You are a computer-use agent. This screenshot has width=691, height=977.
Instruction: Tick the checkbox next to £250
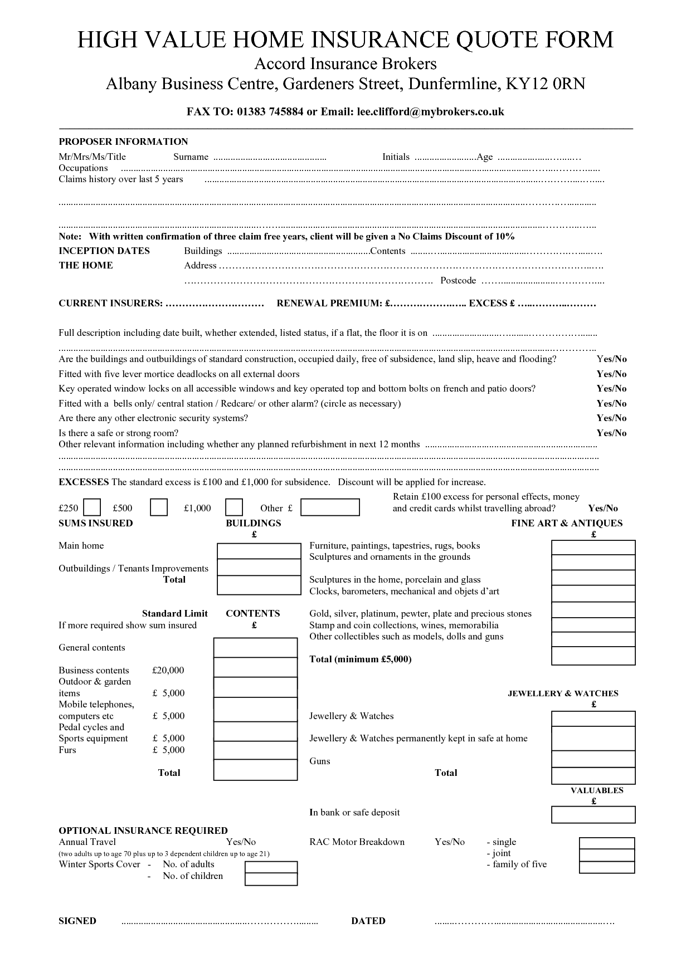pyautogui.click(x=93, y=507)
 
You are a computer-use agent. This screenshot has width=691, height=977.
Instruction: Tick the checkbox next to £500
pyautogui.click(x=159, y=507)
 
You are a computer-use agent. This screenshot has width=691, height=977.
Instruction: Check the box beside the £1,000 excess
pyautogui.click(x=234, y=507)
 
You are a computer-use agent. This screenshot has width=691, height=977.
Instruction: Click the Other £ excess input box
pyautogui.click(x=330, y=507)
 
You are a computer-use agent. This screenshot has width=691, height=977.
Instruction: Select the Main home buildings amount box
pyautogui.click(x=259, y=551)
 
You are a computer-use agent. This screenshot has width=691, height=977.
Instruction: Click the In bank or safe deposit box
pyautogui.click(x=593, y=815)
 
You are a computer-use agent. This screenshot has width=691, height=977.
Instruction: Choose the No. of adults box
pyautogui.click(x=271, y=867)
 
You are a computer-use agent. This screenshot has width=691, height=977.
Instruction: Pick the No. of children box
pyautogui.click(x=271, y=879)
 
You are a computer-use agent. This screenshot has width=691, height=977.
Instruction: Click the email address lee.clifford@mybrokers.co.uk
pyautogui.click(x=429, y=111)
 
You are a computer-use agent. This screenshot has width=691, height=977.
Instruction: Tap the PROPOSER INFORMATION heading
pyautogui.click(x=123, y=141)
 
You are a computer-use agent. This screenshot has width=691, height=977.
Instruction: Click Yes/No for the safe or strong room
pyautogui.click(x=611, y=433)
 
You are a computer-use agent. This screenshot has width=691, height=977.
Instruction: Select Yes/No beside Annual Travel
pyautogui.click(x=241, y=842)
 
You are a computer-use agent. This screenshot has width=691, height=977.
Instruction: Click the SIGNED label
pyautogui.click(x=77, y=921)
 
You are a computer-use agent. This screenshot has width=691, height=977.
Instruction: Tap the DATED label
pyautogui.click(x=368, y=921)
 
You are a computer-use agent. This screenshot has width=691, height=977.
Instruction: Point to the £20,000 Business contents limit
pyautogui.click(x=168, y=670)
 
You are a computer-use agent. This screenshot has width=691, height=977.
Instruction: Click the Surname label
pyautogui.click(x=191, y=157)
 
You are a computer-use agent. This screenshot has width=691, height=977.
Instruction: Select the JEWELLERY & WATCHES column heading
pyautogui.click(x=563, y=693)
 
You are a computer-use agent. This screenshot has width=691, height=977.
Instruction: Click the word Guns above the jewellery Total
pyautogui.click(x=320, y=761)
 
